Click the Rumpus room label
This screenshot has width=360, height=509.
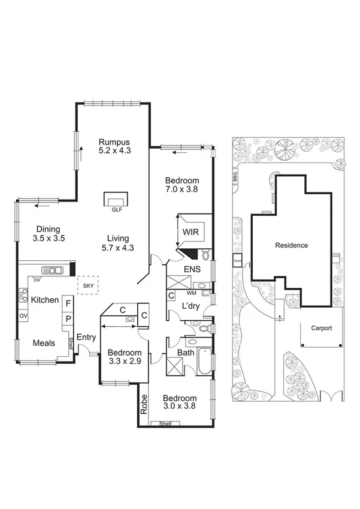pyautogui.click(x=114, y=142)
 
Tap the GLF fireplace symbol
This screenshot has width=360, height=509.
pyautogui.click(x=116, y=199)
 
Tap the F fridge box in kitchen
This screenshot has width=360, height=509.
pyautogui.click(x=68, y=304)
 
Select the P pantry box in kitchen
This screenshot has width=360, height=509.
pyautogui.click(x=68, y=319)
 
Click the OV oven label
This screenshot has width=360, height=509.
pyautogui.click(x=23, y=315)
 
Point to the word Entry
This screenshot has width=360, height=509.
pyautogui.click(x=86, y=338)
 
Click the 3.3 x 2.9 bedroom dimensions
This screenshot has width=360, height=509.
pyautogui.click(x=125, y=362)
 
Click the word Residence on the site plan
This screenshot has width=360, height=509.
pyautogui.click(x=291, y=245)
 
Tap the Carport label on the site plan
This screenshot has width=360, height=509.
pyautogui.click(x=321, y=329)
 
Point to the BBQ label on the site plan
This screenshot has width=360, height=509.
pyautogui.click(x=236, y=177)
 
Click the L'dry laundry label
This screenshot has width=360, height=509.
pyautogui.click(x=190, y=306)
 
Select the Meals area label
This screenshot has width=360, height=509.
pyautogui.click(x=44, y=344)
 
